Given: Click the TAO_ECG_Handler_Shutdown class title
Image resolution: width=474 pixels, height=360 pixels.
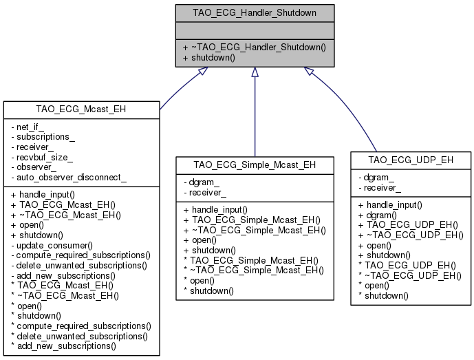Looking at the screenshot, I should point(255,12).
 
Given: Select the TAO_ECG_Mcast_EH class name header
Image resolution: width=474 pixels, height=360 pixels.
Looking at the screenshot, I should point(81,109).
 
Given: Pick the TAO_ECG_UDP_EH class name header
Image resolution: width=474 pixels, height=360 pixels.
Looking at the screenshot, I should point(411,160).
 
